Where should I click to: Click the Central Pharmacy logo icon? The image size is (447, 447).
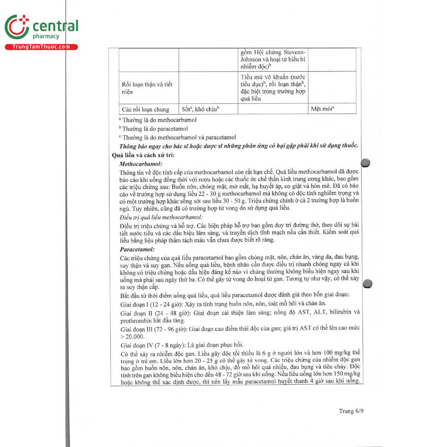(17, 27)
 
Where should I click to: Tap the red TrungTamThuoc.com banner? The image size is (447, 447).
(41, 47)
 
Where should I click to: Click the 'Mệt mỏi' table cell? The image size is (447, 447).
(322, 109)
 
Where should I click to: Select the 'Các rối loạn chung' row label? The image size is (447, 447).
(145, 110)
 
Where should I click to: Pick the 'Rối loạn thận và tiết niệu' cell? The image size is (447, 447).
(147, 88)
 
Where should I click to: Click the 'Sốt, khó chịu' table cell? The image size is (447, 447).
(200, 109)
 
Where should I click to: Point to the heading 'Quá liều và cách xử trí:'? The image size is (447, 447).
(143, 155)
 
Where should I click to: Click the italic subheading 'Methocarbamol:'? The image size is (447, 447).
(141, 164)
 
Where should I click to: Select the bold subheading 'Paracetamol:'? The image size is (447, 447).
(137, 250)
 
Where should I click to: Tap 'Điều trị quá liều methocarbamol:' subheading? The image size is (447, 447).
(161, 217)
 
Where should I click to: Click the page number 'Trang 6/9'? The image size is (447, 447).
(351, 411)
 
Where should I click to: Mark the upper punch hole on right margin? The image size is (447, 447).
(365, 162)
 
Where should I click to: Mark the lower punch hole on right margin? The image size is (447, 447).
(367, 283)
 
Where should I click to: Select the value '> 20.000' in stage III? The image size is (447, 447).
(132, 336)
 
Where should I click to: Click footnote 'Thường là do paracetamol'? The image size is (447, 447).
(155, 129)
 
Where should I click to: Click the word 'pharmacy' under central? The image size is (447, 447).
(46, 36)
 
